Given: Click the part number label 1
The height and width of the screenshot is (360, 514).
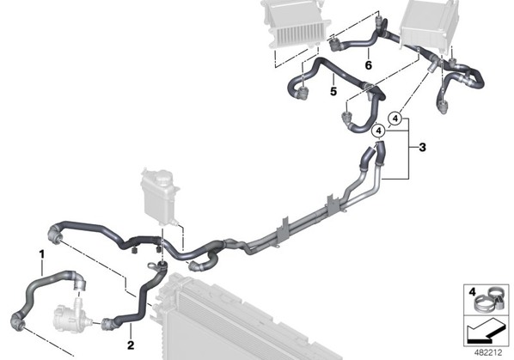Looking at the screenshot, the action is pos(41,254).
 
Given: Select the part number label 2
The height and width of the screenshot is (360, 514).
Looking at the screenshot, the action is pos(131,345).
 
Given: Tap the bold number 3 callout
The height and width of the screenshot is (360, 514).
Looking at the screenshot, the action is pos(423,148).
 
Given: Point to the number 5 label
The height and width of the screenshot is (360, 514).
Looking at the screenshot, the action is pos(333,91).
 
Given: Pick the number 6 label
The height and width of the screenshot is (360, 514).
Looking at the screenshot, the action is pos(369,65).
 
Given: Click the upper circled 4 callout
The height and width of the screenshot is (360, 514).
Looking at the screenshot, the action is pos(395,119).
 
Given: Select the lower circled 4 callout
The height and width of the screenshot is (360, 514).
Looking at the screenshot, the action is pos(379,131).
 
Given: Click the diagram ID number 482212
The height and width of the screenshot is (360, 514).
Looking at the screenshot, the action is pos(488,353).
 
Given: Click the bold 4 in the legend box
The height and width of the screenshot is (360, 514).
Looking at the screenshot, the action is pos(472,291).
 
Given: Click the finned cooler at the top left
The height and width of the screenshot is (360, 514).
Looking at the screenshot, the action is pos(296,24).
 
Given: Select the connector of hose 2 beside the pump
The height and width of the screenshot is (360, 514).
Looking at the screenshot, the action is pos(107,323).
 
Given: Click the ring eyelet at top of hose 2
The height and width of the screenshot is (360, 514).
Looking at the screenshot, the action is pos(152,265).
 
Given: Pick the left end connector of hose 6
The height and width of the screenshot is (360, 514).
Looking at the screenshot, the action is pos(334,45).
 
